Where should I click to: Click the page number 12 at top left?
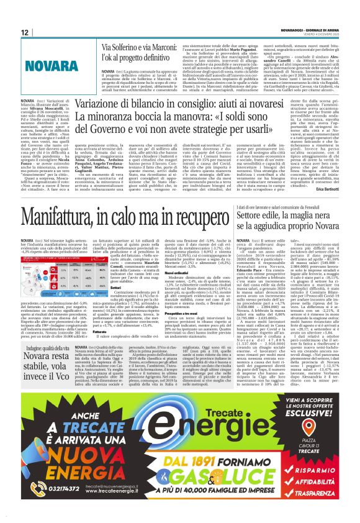24,32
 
